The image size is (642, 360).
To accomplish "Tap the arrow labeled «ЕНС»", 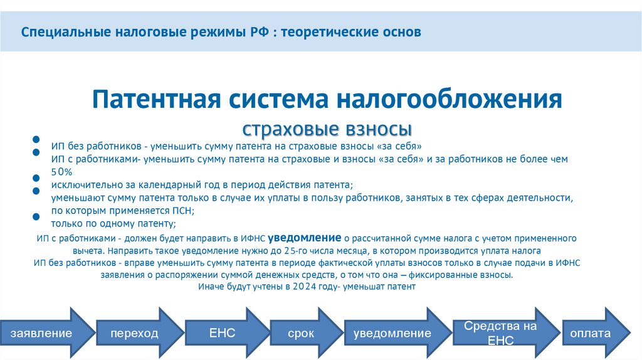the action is click(x=222, y=333).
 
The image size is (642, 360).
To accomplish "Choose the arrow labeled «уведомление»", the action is click(x=392, y=333).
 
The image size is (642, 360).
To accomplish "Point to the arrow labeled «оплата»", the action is click(x=589, y=333).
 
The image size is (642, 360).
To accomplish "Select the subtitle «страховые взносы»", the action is click(x=327, y=129).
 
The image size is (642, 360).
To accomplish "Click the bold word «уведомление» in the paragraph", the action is click(x=305, y=238).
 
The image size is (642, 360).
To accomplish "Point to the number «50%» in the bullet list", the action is click(x=62, y=172).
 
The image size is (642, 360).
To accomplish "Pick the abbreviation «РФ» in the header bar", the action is click(x=256, y=31).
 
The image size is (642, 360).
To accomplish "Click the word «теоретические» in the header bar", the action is click(x=330, y=31).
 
